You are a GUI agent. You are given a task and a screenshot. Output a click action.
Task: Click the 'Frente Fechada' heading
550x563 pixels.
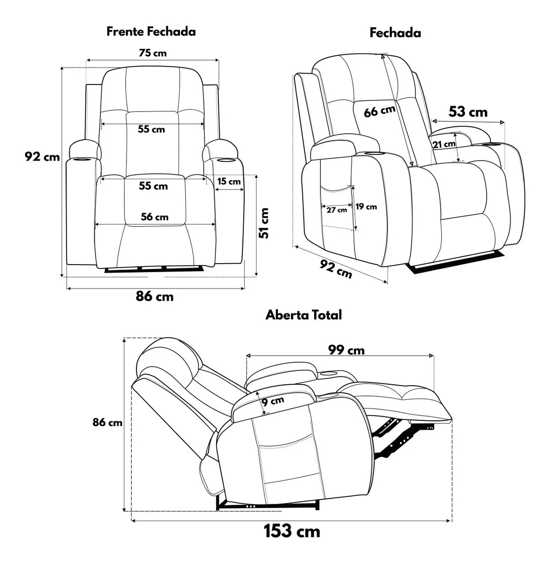pyautogui.click(x=151, y=31)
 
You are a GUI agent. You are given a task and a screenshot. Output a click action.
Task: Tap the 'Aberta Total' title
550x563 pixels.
pyautogui.click(x=303, y=315)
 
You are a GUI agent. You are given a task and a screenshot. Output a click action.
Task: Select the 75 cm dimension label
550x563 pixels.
pyautogui.click(x=153, y=53)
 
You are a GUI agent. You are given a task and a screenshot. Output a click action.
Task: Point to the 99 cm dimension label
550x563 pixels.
pyautogui.click(x=347, y=350)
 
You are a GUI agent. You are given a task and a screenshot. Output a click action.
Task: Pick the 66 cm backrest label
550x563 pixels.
pyautogui.click(x=379, y=111)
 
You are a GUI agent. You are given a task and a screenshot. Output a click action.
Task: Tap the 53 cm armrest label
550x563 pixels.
pyautogui.click(x=468, y=112)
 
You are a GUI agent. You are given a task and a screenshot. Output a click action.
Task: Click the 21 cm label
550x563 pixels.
pyautogui.click(x=444, y=144)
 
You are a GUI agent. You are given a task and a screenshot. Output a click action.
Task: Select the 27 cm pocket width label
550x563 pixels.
pyautogui.click(x=337, y=210)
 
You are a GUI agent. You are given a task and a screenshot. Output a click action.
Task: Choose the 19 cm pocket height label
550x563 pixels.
pyautogui.click(x=366, y=206)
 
